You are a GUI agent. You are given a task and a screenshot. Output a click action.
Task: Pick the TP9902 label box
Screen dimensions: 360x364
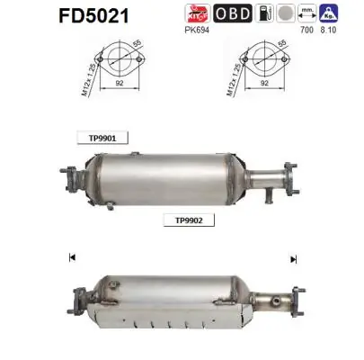(x=183, y=219)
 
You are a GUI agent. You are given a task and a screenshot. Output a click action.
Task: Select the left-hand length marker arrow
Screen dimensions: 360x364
(x=70, y=259)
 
